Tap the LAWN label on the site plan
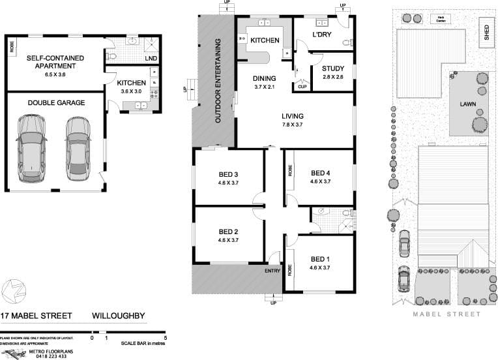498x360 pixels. pos(467,104)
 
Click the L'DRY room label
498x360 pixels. pos(322,35)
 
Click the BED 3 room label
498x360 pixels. pos(227,174)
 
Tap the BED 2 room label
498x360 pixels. pos(227,232)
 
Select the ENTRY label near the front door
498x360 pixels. pos(273,271)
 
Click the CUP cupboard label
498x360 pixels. pos(302,87)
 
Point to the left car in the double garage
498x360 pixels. pos(31,149)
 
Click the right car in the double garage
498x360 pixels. pos(77,149)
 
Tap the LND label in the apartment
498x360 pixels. pos(151,59)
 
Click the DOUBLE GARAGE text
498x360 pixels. pos(55,102)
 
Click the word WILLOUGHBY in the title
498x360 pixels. pos(118,316)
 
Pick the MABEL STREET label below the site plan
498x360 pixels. pos(447,314)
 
